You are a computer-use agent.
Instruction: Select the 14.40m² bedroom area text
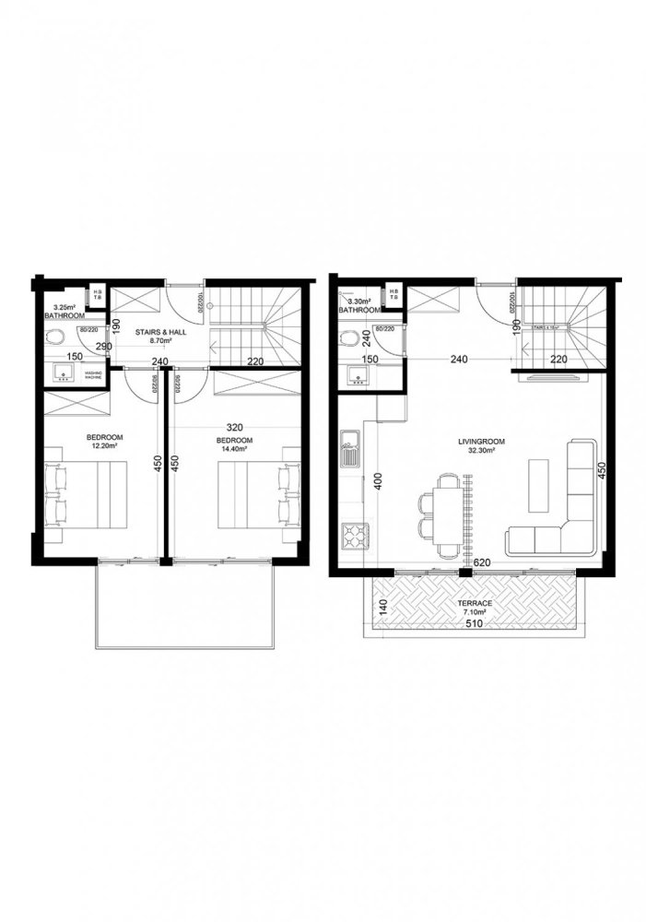(234, 450)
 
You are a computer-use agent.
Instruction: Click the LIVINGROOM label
(477, 441)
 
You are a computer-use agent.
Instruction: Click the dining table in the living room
(448, 516)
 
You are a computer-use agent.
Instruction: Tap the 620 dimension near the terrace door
(481, 561)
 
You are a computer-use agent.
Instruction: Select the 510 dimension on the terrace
(473, 622)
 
